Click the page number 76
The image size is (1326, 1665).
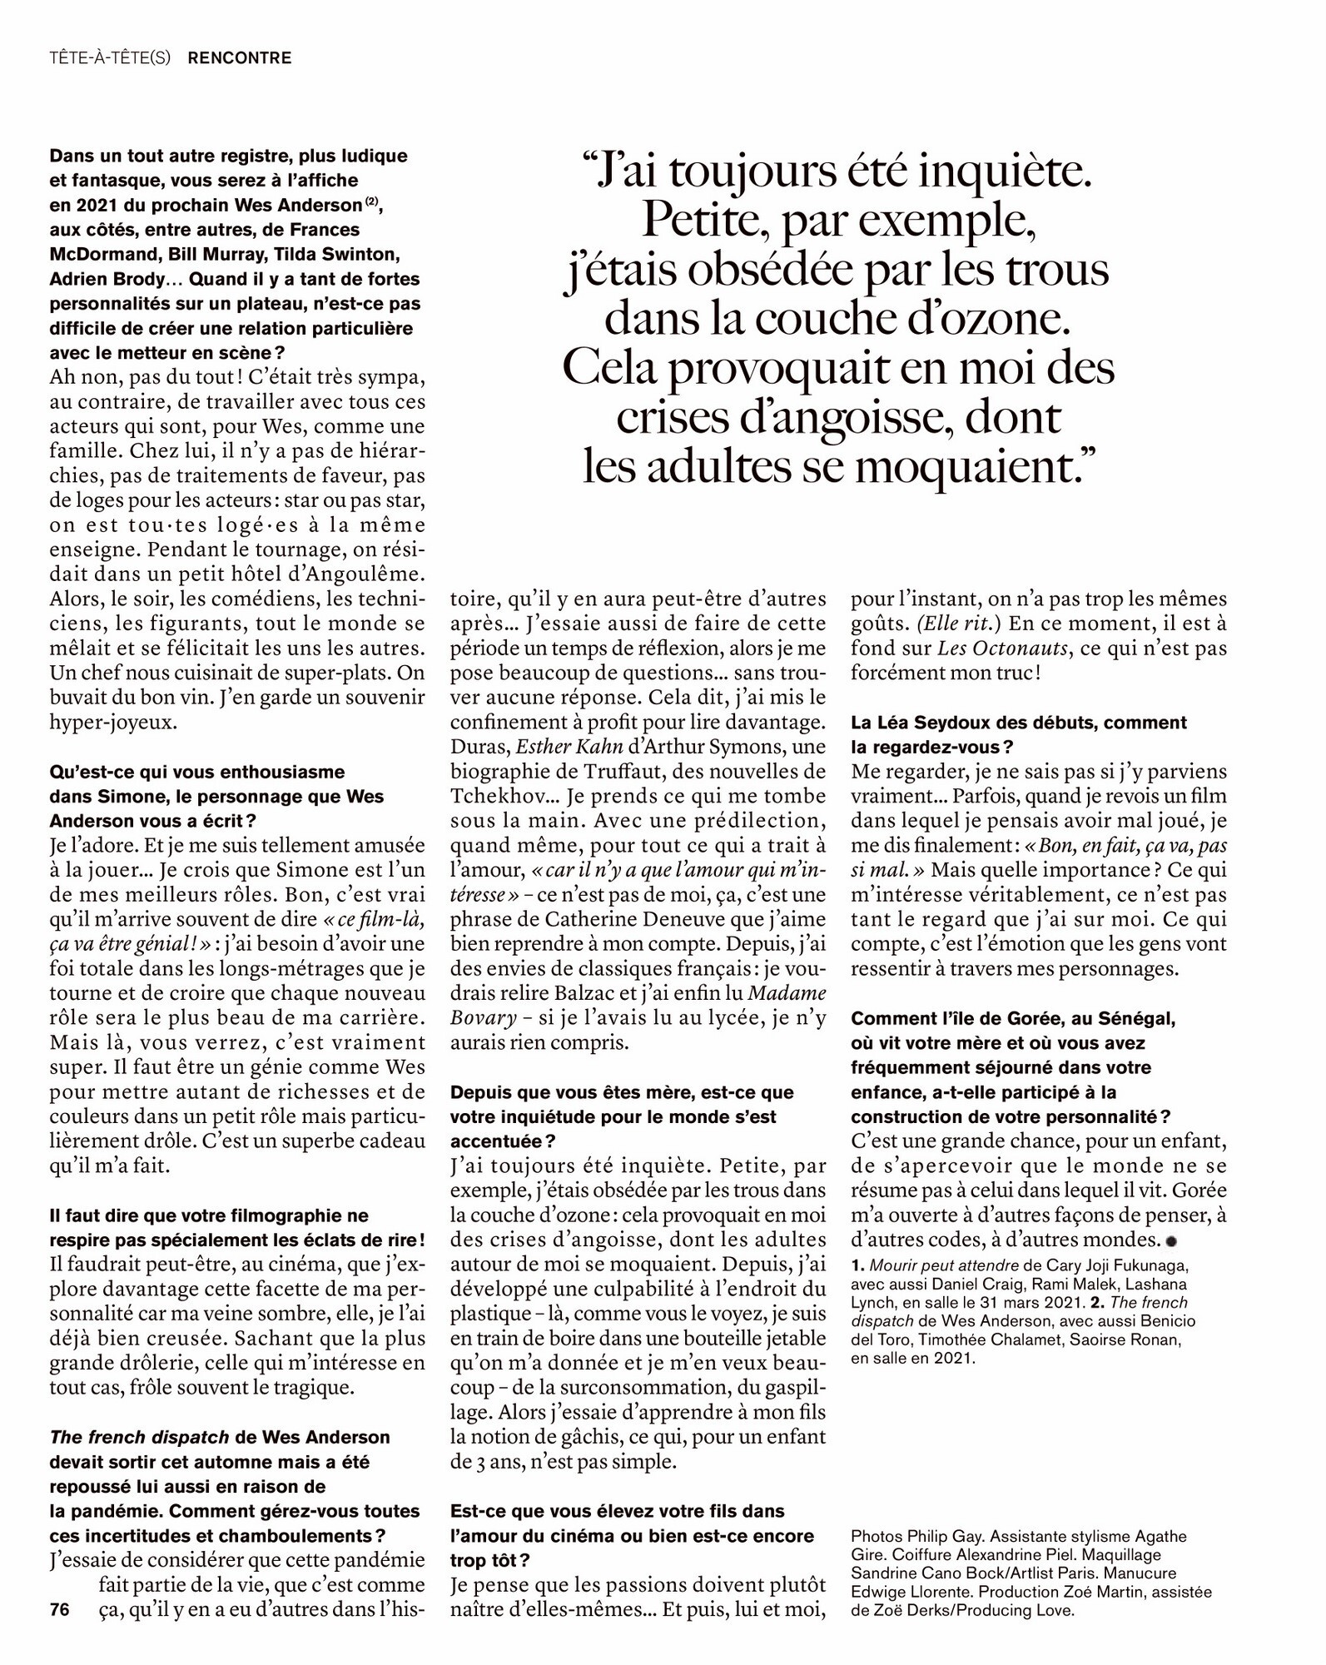[x=59, y=1609]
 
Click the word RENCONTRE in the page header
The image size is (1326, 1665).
[x=240, y=58]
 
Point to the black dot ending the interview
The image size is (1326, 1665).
[x=1171, y=1241]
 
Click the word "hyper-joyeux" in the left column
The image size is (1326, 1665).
[x=113, y=722]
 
